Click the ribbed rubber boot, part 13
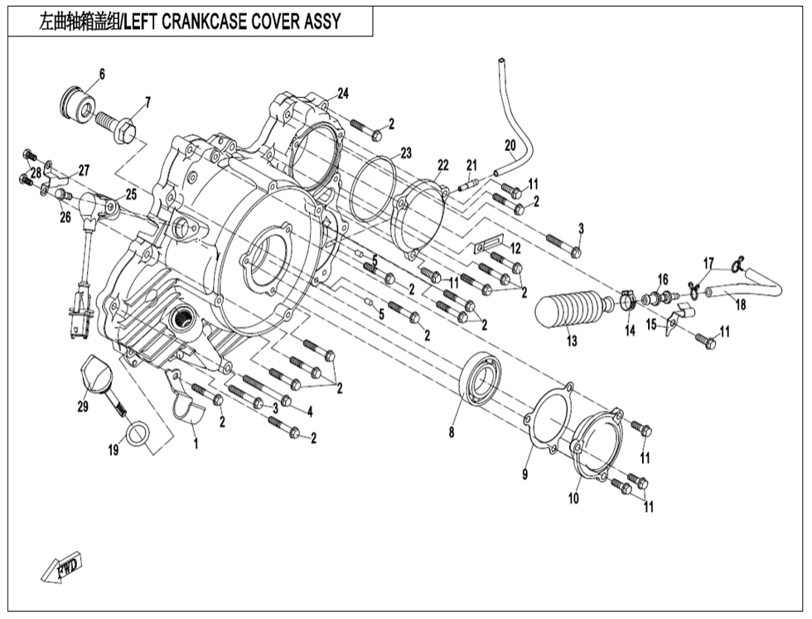(x=572, y=309)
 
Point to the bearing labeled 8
(x=480, y=380)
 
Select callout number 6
(x=102, y=75)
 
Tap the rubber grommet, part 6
(x=80, y=103)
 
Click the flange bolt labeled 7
(x=121, y=127)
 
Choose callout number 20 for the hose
(x=510, y=145)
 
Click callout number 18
(x=741, y=304)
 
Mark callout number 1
(x=196, y=444)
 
